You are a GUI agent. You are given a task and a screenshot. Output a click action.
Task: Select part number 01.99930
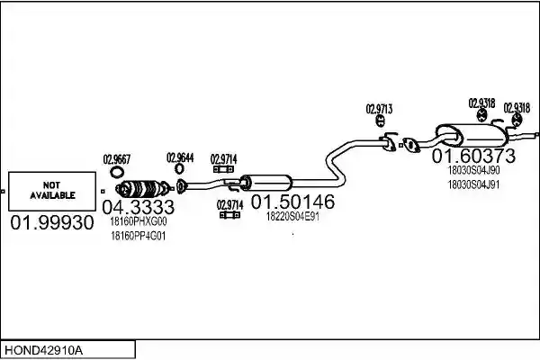(x=52, y=222)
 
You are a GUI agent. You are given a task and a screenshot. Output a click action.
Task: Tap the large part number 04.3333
(x=139, y=207)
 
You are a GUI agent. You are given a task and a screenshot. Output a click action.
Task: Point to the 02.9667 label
(x=117, y=159)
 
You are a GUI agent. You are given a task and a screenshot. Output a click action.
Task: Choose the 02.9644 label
(x=180, y=157)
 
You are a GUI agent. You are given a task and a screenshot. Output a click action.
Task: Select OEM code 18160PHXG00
(x=138, y=221)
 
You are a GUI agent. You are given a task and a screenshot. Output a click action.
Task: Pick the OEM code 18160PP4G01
(x=138, y=237)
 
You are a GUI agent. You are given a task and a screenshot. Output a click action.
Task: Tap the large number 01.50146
(x=292, y=202)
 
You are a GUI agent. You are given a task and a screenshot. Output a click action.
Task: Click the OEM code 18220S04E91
(x=292, y=217)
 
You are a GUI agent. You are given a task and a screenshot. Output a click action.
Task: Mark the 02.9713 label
(x=379, y=109)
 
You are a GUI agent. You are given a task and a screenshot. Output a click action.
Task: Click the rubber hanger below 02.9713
(x=380, y=121)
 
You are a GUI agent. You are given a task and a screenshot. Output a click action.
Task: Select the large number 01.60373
(x=473, y=156)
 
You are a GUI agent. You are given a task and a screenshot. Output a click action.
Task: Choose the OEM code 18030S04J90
(x=473, y=170)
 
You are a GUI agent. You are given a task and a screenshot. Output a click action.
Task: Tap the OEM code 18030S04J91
(x=473, y=185)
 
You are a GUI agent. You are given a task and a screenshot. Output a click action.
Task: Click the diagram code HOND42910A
(x=44, y=350)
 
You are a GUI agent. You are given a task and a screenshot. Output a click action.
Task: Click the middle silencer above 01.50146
(x=265, y=183)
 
